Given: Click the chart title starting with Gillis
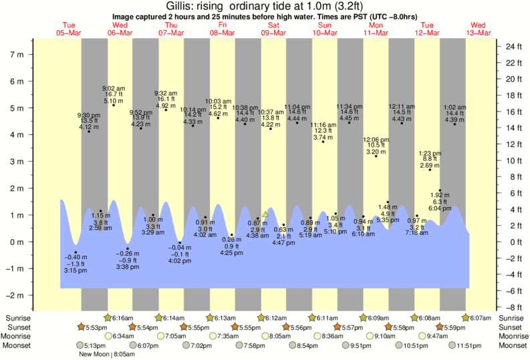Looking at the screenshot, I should pyautogui.click(x=265, y=6).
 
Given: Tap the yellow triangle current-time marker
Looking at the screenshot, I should pyautogui.click(x=265, y=214).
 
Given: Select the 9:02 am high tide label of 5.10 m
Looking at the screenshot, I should pyautogui.click(x=112, y=94).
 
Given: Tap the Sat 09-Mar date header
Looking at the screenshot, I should pyautogui.click(x=273, y=29).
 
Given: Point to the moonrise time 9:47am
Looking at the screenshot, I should pyautogui.click(x=436, y=337).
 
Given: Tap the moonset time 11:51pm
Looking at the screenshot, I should pyautogui.click(x=467, y=346).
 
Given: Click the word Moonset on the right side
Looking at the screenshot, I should pyautogui.click(x=512, y=346).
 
